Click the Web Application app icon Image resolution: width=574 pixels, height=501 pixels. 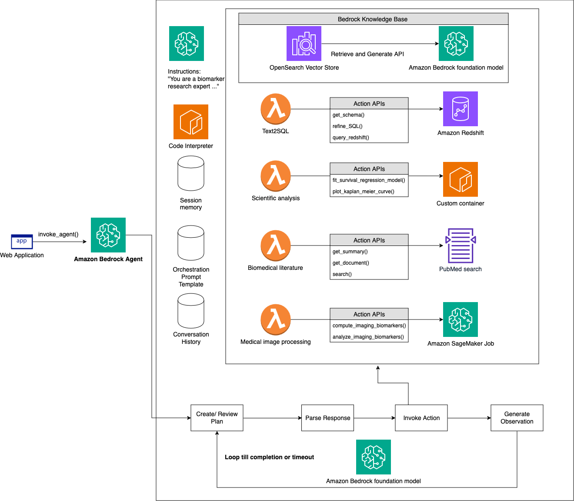click(x=22, y=241)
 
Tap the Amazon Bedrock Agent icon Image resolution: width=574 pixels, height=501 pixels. click(x=108, y=235)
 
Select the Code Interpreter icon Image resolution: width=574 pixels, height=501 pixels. click(x=191, y=122)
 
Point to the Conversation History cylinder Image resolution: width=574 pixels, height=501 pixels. click(x=191, y=311)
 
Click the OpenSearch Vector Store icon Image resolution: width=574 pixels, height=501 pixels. click(x=304, y=44)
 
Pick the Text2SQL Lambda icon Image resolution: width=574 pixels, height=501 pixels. click(x=276, y=109)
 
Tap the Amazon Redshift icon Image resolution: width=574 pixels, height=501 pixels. click(x=461, y=109)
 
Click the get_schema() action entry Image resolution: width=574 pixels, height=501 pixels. click(x=349, y=115)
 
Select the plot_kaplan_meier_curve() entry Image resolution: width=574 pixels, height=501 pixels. click(x=364, y=192)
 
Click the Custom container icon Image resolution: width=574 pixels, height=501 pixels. click(x=461, y=179)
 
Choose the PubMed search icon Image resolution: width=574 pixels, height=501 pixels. click(x=461, y=245)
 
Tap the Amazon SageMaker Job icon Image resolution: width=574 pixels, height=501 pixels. click(x=461, y=319)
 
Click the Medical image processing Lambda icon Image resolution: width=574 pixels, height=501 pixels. click(x=276, y=319)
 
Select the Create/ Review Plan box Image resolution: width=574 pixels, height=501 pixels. click(x=217, y=418)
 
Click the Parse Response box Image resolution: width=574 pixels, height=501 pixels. click(x=327, y=418)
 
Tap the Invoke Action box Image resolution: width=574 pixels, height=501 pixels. click(x=421, y=418)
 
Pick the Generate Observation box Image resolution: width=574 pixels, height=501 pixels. click(x=517, y=418)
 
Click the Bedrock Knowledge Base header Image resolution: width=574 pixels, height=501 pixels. click(x=373, y=19)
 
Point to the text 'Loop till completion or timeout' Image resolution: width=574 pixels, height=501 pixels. click(x=269, y=457)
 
